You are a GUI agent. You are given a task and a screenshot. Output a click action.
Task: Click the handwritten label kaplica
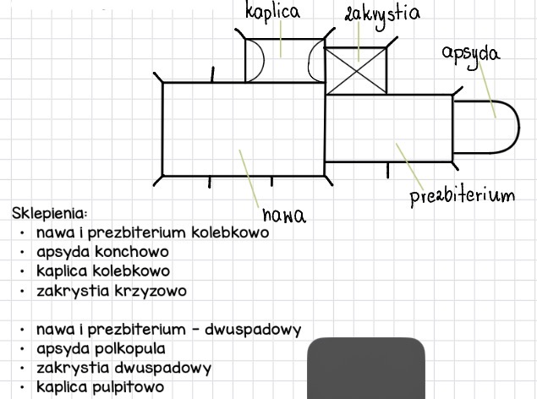(273, 12)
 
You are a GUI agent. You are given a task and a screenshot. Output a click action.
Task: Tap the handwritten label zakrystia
(382, 15)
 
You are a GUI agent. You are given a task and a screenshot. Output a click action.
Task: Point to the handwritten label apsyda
(471, 55)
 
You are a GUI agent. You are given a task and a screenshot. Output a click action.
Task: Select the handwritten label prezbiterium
(463, 196)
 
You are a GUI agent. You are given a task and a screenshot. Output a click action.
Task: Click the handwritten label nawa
(284, 216)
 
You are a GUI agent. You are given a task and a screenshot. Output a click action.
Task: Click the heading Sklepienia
(50, 214)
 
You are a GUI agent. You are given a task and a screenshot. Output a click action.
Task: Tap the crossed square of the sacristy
(356, 71)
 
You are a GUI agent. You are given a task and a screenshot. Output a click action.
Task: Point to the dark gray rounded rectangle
(366, 369)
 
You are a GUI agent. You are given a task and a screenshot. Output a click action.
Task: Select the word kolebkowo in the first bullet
(230, 232)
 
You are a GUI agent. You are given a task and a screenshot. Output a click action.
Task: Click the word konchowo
(132, 252)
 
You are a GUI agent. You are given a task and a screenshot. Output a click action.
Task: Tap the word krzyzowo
(151, 292)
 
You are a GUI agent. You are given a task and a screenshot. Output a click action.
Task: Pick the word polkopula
(129, 349)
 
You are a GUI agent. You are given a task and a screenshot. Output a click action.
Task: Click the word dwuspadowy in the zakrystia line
(162, 369)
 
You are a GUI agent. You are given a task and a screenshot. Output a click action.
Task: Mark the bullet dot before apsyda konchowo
(23, 253)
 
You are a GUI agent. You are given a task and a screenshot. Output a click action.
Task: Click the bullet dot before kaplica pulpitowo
(23, 388)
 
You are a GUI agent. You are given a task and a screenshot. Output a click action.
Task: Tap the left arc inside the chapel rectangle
(263, 60)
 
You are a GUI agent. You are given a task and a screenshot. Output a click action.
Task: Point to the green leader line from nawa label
(249, 178)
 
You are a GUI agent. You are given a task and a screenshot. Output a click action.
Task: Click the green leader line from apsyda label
(487, 90)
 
